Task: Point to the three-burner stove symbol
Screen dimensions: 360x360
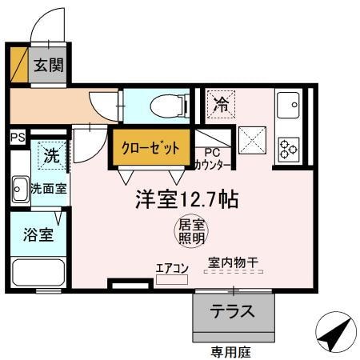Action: point(288,149)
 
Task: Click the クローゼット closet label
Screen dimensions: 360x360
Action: point(150,148)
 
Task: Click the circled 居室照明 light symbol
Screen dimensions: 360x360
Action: point(190,231)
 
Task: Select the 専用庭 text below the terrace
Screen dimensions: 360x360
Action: point(230,350)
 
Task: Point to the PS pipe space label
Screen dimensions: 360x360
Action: point(17,137)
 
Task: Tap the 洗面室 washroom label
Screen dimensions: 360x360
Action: point(49,190)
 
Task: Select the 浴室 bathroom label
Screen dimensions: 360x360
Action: point(38,235)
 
